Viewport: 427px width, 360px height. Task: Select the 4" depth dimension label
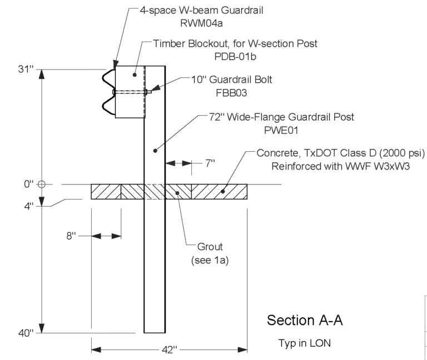pyautogui.click(x=28, y=206)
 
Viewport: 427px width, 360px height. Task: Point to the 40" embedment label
pyautogui.click(x=27, y=333)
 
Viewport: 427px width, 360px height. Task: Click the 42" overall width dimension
pyautogui.click(x=169, y=349)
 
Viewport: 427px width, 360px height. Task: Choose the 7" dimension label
pyautogui.click(x=210, y=163)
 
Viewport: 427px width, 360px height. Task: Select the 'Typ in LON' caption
pyautogui.click(x=304, y=343)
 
